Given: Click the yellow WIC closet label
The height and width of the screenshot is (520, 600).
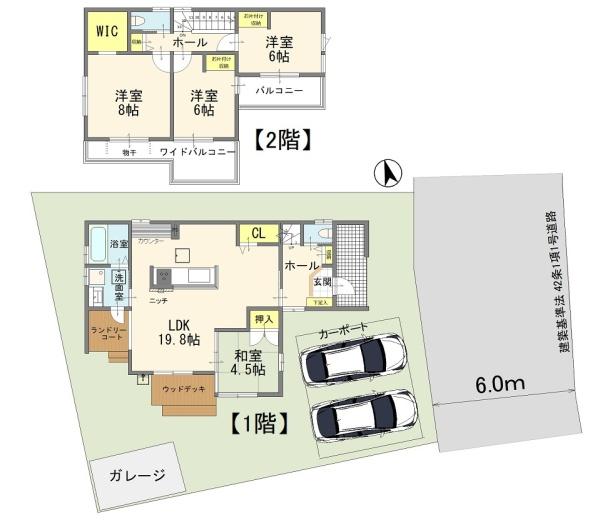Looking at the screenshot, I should click(x=107, y=31).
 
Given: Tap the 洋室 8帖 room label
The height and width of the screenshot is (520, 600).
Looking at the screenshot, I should click(x=128, y=103).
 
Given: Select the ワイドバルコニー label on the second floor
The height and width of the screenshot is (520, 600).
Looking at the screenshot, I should click(x=198, y=152).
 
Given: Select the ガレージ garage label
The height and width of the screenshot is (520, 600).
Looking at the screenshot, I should click(x=132, y=474).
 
